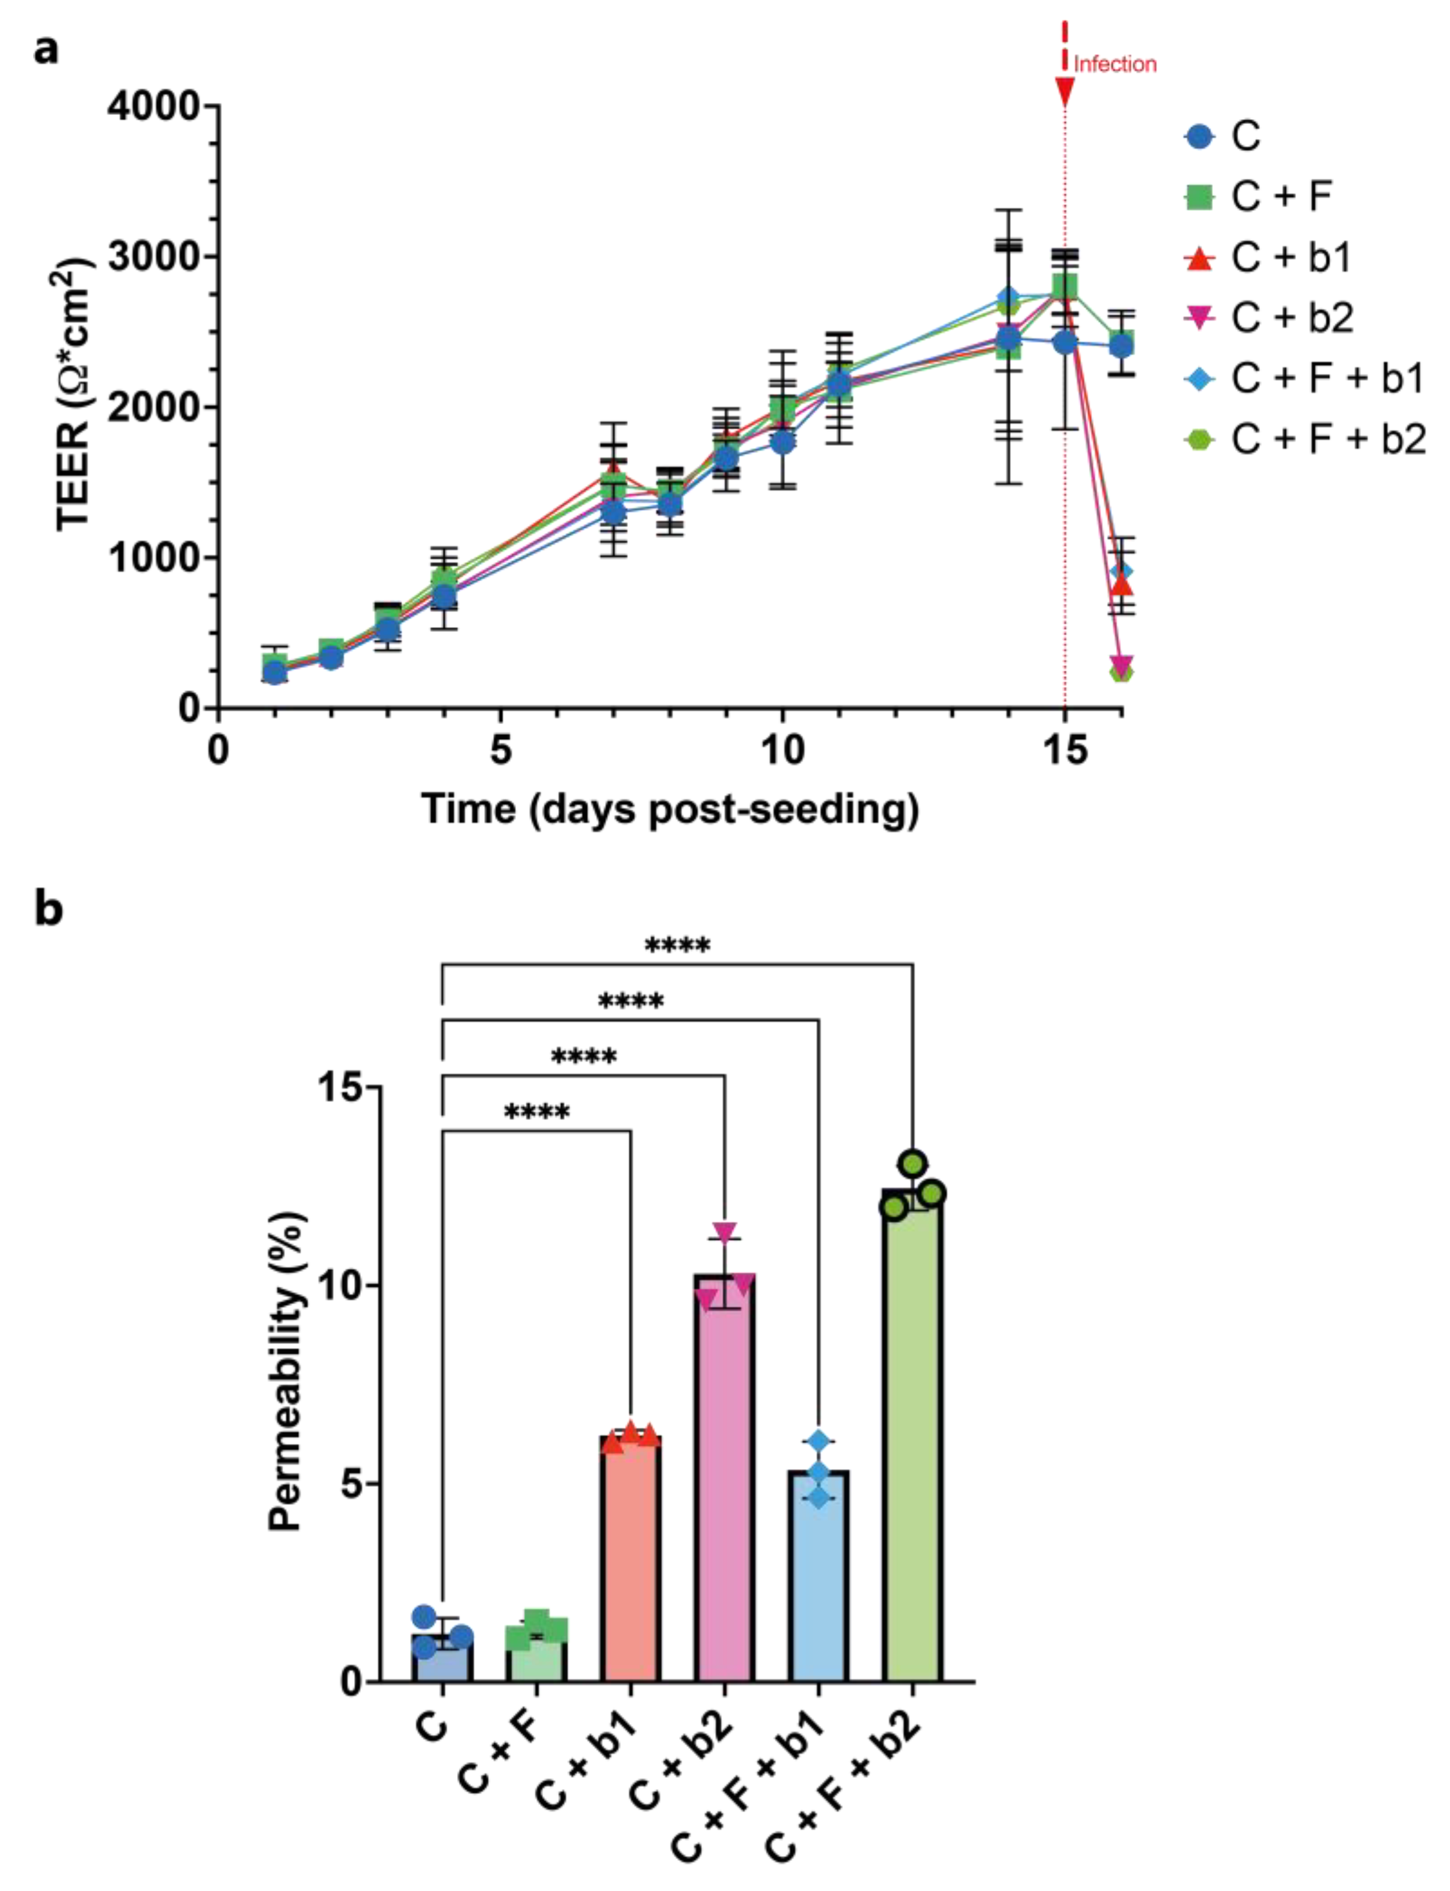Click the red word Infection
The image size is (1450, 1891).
coord(1114,64)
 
